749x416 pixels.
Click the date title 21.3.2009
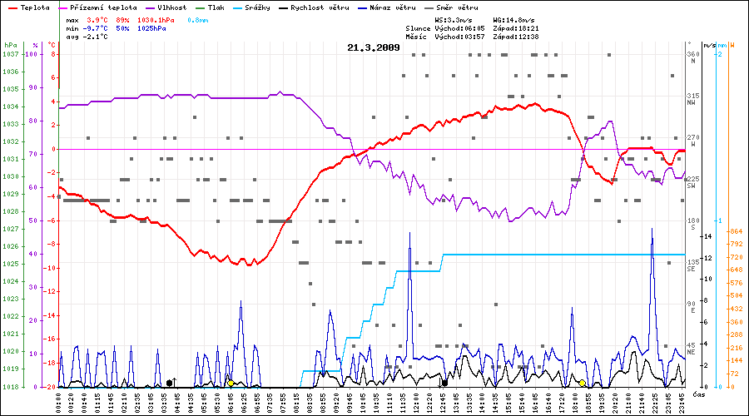point(374,47)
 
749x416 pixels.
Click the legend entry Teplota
point(28,7)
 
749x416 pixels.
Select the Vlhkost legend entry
point(171,7)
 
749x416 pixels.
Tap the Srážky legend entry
point(265,7)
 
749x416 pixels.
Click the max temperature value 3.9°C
point(97,18)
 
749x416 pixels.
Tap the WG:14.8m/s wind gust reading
point(515,18)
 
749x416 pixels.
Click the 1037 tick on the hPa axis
point(10,54)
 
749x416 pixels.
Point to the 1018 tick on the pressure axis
point(10,387)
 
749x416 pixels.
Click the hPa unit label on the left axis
point(10,45)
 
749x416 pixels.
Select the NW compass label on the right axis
point(692,103)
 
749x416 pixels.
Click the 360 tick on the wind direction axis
point(692,54)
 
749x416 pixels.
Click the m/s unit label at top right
point(709,45)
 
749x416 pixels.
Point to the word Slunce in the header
point(419,27)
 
